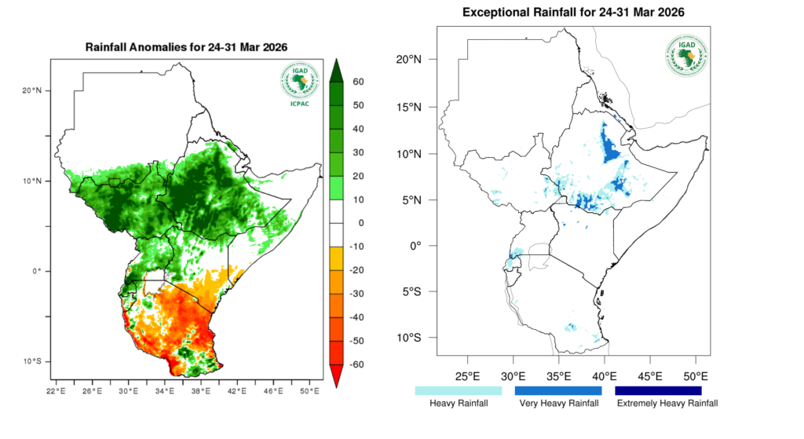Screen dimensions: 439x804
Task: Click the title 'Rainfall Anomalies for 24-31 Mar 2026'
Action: click(186, 47)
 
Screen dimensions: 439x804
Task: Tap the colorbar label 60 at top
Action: click(358, 82)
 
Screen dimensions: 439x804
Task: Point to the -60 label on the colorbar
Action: click(356, 364)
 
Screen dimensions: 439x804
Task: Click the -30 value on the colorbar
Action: click(356, 294)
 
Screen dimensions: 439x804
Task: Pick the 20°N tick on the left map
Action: click(32, 90)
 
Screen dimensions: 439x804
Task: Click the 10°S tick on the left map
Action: click(32, 361)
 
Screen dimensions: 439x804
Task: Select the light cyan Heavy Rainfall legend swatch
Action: click(459, 390)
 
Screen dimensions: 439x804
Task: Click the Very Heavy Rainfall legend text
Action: click(558, 404)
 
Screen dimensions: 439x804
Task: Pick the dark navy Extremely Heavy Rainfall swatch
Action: click(658, 390)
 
